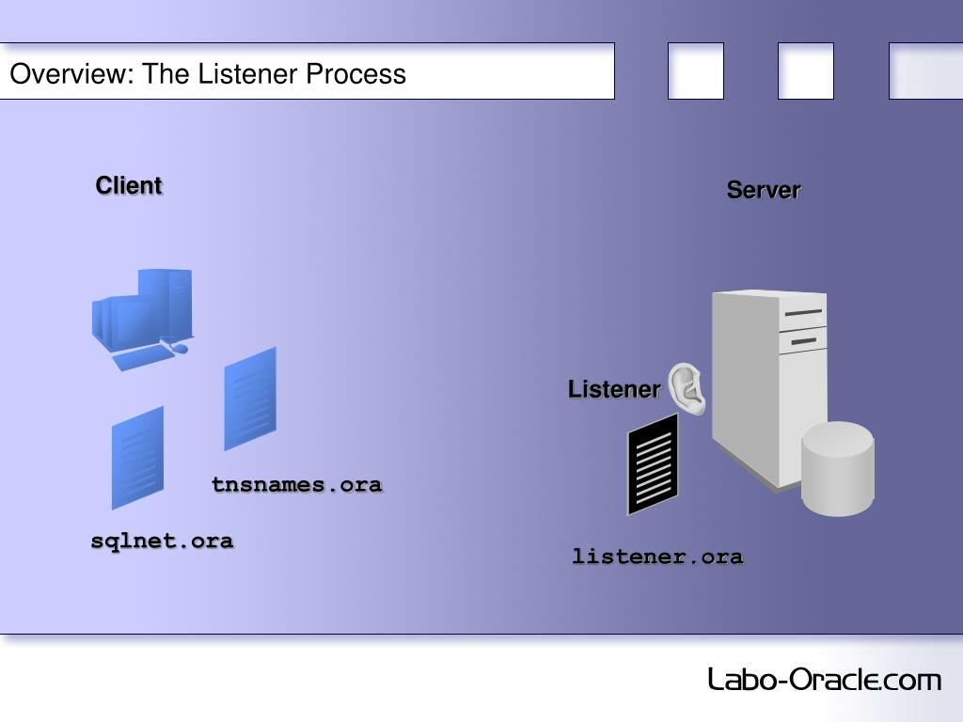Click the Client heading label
129,186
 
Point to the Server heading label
763,190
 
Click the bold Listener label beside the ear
614,389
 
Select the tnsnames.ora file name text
296,485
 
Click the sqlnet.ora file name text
162,541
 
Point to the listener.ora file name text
657,557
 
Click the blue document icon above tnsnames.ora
250,399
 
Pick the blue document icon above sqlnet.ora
137,457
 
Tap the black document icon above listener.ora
653,463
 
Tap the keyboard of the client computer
141,356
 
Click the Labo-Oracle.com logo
824,679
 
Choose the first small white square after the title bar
696,71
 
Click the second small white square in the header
806,71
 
